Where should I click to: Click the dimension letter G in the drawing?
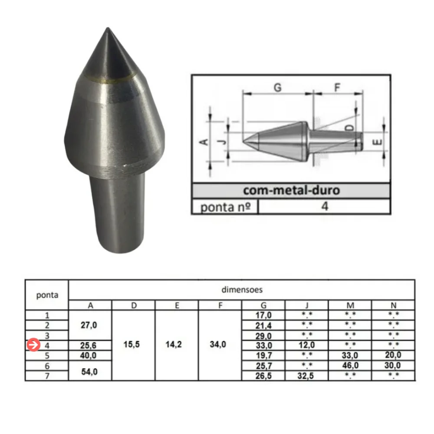(x=277, y=87)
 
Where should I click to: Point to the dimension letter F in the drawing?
(x=337, y=87)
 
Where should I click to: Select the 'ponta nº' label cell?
(x=225, y=207)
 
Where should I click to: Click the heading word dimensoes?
(x=241, y=289)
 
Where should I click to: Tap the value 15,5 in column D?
(x=134, y=345)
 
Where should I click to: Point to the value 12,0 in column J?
(x=306, y=345)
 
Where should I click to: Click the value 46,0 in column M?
(x=350, y=366)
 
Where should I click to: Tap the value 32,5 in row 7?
(x=306, y=376)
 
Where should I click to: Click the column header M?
(x=350, y=305)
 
